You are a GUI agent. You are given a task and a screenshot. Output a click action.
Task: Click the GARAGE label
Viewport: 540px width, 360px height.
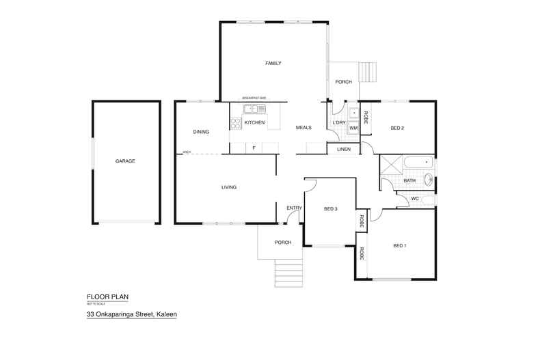point(125,161)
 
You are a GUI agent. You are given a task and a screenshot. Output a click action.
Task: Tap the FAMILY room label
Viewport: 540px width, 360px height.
point(273,64)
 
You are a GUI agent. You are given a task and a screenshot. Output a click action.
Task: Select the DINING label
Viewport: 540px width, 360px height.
point(201,132)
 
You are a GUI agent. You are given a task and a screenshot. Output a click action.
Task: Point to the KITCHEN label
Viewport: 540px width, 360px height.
point(254,122)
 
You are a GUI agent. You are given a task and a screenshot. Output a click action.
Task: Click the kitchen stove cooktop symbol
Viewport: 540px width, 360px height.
point(236,123)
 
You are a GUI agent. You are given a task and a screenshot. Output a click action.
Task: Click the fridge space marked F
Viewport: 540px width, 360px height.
point(254,148)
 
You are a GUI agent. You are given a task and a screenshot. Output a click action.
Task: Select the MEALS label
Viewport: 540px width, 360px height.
point(303,128)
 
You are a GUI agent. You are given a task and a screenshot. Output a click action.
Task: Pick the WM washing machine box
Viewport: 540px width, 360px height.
point(353,128)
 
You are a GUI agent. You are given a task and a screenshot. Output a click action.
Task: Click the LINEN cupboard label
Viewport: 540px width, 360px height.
point(343,149)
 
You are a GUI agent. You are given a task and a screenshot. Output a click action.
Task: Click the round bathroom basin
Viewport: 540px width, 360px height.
point(429,180)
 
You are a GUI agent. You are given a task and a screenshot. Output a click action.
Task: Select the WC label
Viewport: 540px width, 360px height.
point(414,199)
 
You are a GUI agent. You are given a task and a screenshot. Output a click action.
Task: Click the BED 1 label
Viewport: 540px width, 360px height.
point(400,246)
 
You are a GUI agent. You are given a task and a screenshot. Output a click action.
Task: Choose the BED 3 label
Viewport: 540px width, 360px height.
point(331,208)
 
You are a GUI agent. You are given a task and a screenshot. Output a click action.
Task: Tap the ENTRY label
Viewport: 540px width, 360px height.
point(295,208)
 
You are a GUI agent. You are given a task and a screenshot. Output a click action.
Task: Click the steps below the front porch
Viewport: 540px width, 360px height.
point(288,273)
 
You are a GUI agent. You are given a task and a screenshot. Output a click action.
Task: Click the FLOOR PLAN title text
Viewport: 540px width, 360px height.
point(108,296)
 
